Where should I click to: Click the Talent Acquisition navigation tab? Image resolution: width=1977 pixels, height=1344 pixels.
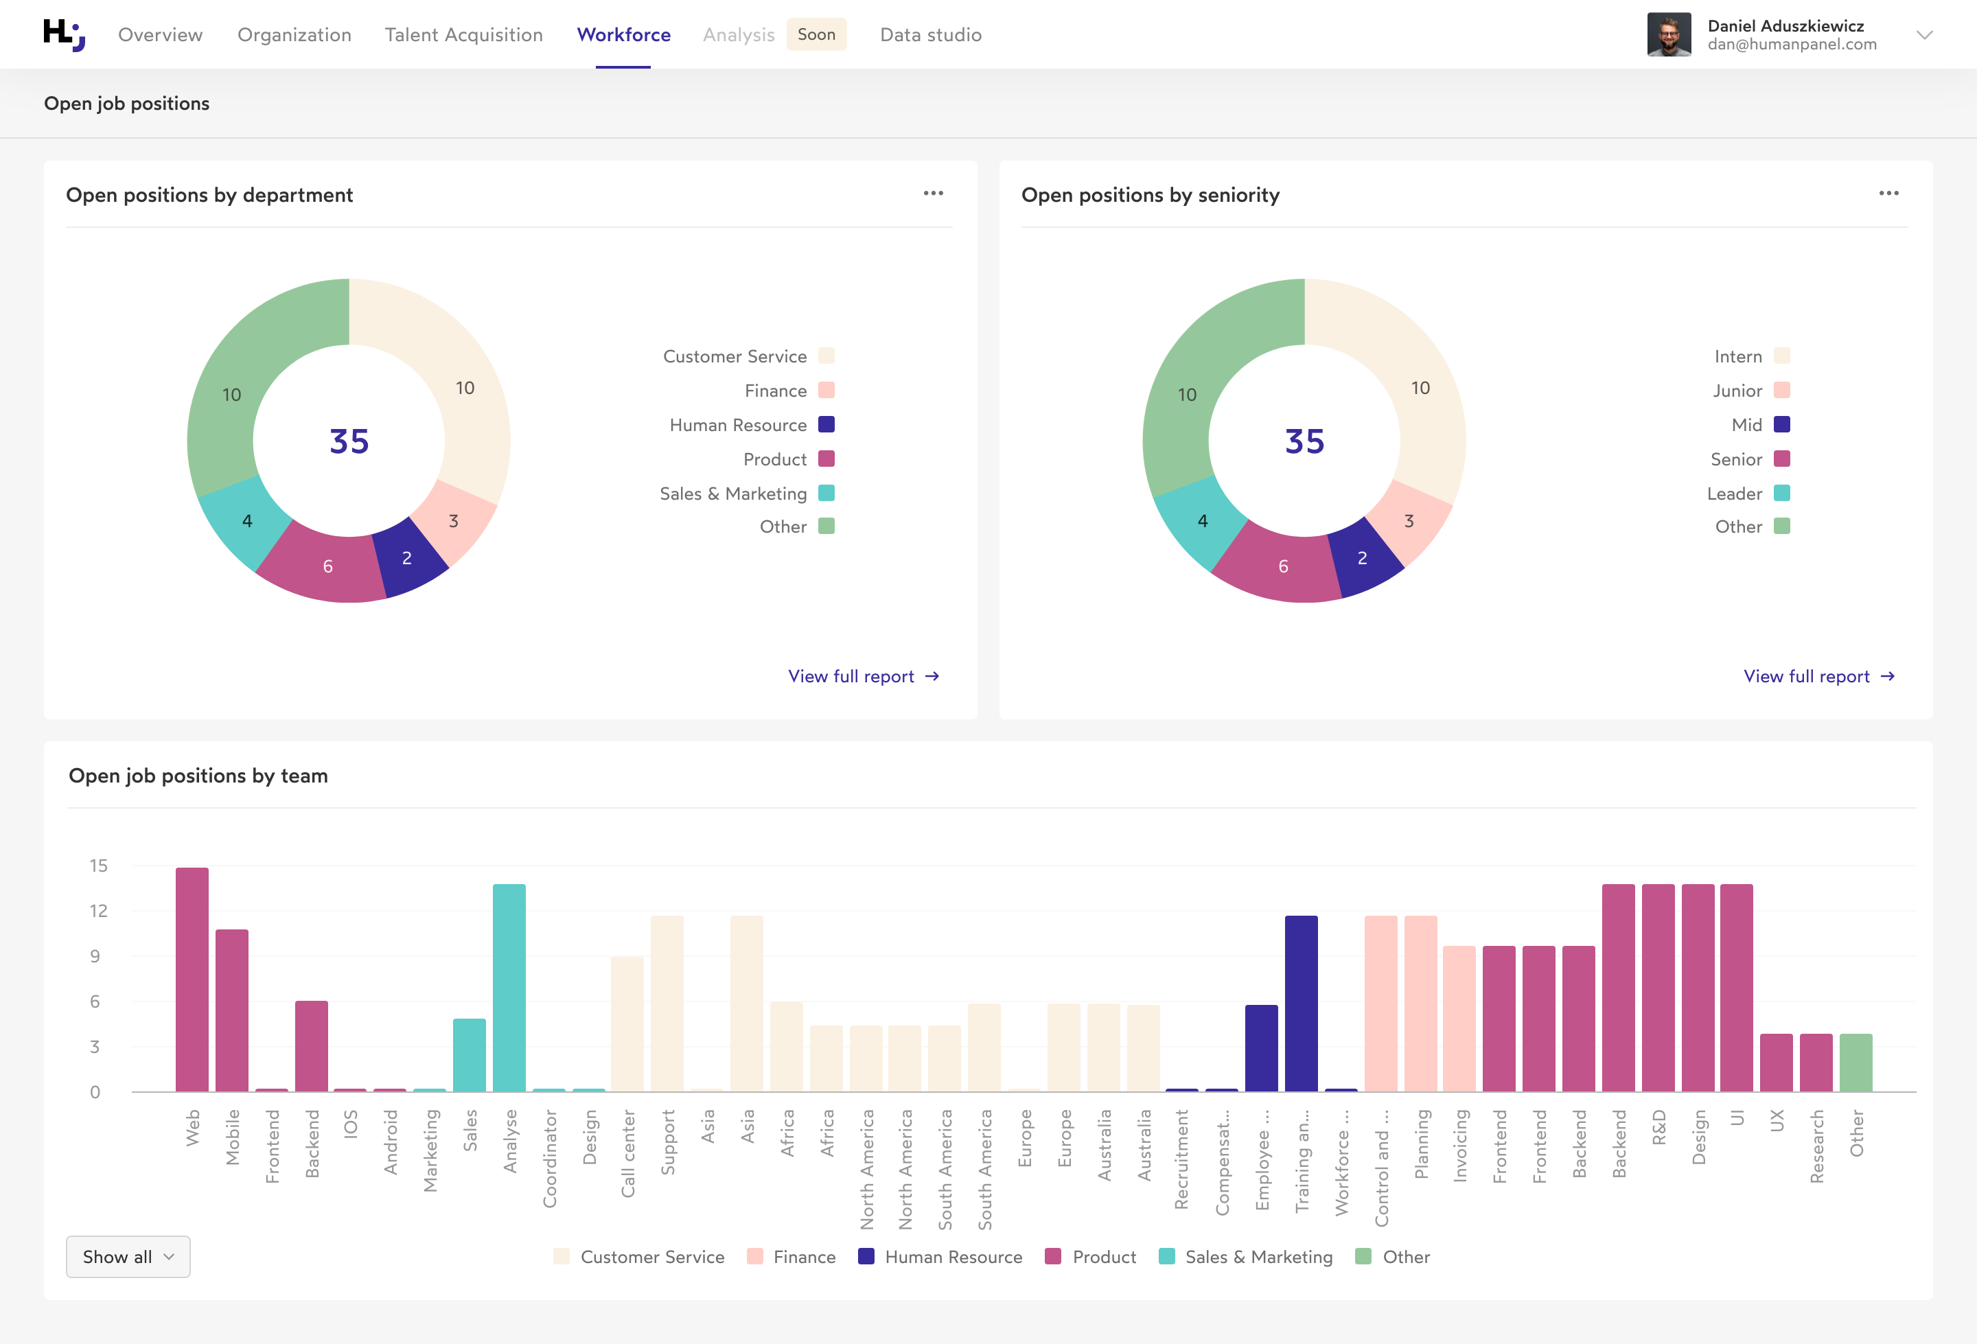click(x=463, y=35)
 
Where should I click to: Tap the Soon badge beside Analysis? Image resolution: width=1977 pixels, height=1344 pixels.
click(x=816, y=35)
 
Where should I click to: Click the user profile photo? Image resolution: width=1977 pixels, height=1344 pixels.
click(x=1668, y=35)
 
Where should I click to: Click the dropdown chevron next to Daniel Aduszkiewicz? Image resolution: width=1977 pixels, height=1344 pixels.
click(x=1924, y=35)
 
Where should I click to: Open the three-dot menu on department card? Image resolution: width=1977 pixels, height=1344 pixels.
click(x=933, y=194)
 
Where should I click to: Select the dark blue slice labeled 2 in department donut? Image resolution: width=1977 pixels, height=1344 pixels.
click(x=409, y=557)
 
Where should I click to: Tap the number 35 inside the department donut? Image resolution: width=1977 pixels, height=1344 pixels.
click(x=349, y=441)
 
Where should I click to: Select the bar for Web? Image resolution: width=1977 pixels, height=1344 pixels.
click(x=192, y=978)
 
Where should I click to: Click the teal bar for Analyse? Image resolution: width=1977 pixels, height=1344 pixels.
click(x=509, y=987)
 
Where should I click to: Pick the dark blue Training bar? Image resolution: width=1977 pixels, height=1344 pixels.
click(x=1301, y=1004)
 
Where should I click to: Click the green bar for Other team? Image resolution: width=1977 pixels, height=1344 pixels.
click(x=1855, y=1063)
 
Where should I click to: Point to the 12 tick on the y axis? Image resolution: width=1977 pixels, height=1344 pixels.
click(x=99, y=911)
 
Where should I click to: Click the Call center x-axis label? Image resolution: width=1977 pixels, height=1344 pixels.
click(x=629, y=1152)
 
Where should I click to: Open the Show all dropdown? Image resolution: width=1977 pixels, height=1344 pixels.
click(x=128, y=1256)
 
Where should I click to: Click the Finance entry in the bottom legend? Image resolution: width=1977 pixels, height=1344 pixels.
click(x=791, y=1256)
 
